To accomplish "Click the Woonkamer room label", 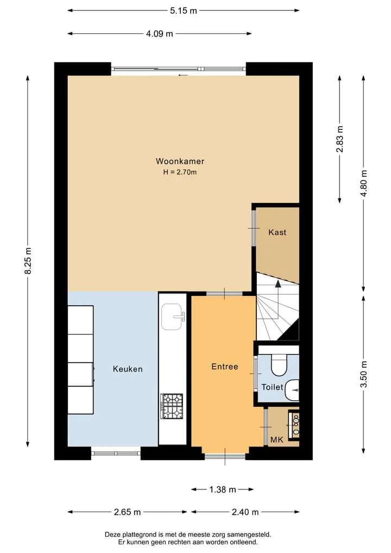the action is pyautogui.click(x=180, y=161).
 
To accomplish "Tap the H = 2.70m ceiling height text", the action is pyautogui.click(x=180, y=172).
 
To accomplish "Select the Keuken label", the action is pyautogui.click(x=128, y=369).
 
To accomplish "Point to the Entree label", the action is pyautogui.click(x=225, y=366).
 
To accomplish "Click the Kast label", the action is pyautogui.click(x=277, y=232).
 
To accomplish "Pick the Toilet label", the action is pyautogui.click(x=272, y=387).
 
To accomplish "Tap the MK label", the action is pyautogui.click(x=277, y=439).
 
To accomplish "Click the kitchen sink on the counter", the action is pyautogui.click(x=173, y=316).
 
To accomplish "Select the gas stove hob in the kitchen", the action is pyautogui.click(x=172, y=406).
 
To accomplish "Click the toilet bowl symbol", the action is pyautogui.click(x=279, y=364).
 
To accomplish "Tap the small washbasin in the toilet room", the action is pyautogui.click(x=292, y=390).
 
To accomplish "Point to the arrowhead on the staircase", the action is pyautogui.click(x=278, y=283).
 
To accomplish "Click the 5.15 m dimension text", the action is pyautogui.click(x=184, y=10).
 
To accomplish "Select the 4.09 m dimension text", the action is pyautogui.click(x=160, y=34).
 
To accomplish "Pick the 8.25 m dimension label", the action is pyautogui.click(x=28, y=260).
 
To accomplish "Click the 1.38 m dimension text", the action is pyautogui.click(x=223, y=489).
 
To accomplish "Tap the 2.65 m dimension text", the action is pyautogui.click(x=127, y=512).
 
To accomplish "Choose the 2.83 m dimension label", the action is pyautogui.click(x=339, y=139).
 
